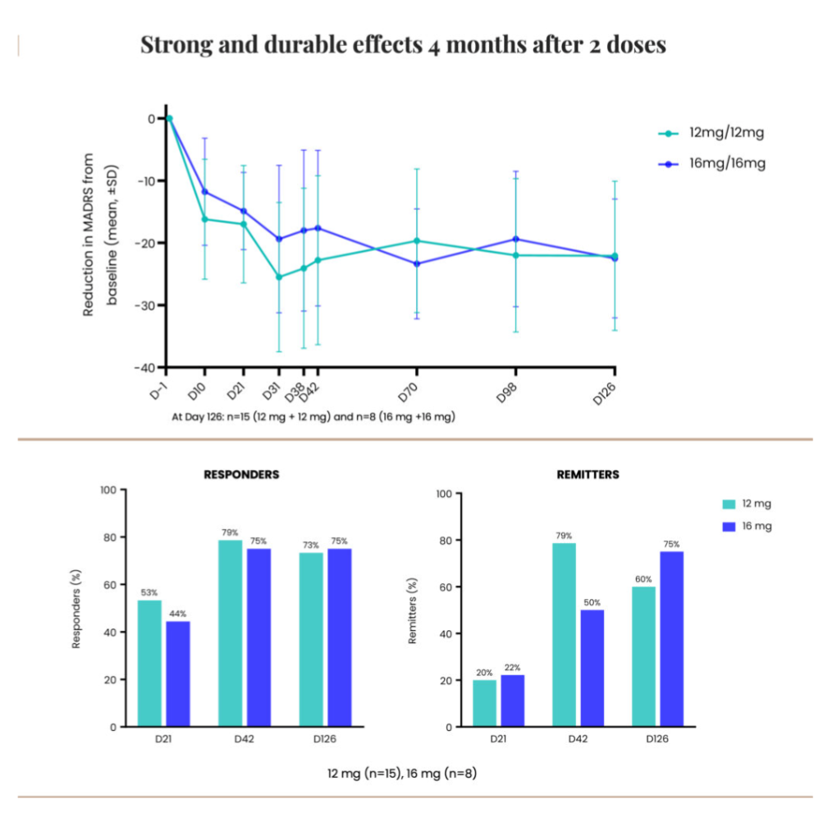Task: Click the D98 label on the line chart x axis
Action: click(509, 389)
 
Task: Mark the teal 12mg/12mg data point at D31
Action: click(279, 277)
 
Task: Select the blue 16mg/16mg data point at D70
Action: click(417, 263)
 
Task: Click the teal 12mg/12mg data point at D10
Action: click(204, 219)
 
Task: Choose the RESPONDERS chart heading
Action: click(241, 474)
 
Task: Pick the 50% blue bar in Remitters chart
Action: click(592, 668)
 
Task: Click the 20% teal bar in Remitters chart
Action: click(484, 703)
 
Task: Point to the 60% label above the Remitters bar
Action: click(644, 578)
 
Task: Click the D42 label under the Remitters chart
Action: click(578, 739)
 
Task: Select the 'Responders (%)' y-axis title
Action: click(76, 609)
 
